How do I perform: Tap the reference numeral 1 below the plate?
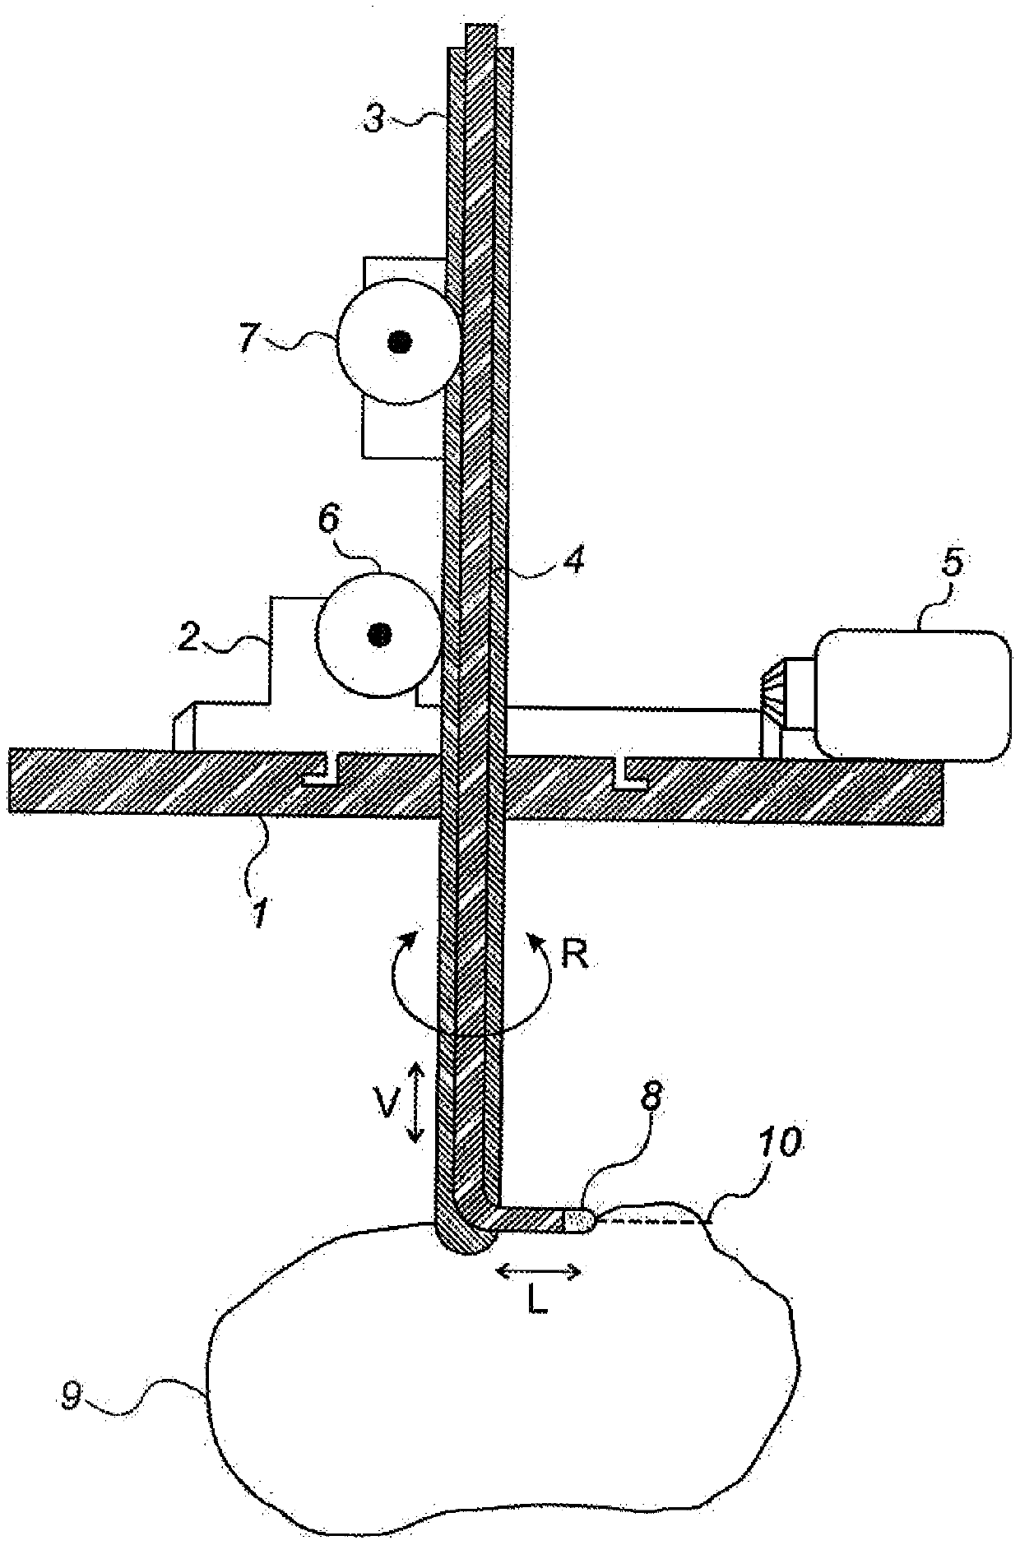pos(259,912)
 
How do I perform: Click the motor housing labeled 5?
pos(911,692)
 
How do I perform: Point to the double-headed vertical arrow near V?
pos(415,1102)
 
